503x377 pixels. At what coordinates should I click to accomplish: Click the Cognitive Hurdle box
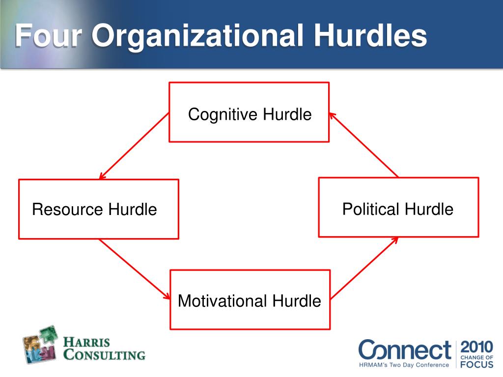[x=249, y=112]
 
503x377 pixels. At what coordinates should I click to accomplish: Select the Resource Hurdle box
[x=98, y=209]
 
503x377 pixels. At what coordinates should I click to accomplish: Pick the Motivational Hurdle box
[x=250, y=299]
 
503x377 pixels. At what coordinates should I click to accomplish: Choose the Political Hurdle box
[x=398, y=207]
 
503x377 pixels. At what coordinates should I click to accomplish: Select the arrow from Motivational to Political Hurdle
[x=364, y=268]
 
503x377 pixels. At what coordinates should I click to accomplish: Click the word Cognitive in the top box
[x=223, y=115]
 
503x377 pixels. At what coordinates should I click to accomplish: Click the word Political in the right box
[x=371, y=210]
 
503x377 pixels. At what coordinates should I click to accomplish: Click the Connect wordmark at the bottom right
[x=404, y=350]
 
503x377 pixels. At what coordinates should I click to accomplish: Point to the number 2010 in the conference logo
[x=476, y=347]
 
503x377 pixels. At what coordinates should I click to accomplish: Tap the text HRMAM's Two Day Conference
[x=404, y=365]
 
